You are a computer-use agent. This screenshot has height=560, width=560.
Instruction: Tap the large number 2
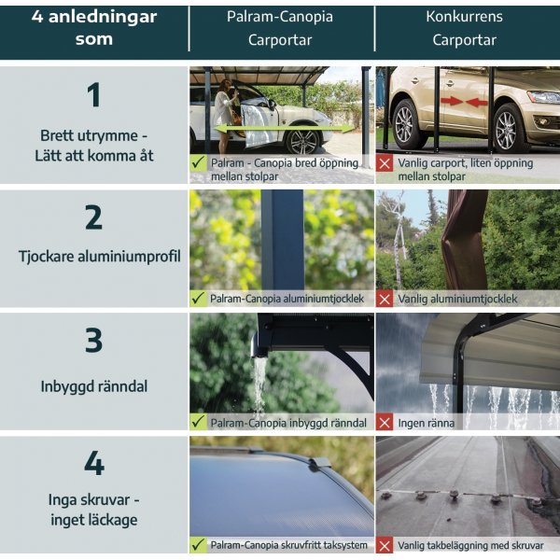coord(93,217)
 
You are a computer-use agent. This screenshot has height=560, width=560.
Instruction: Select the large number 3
coord(93,341)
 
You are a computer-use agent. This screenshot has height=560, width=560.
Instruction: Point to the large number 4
coord(93,464)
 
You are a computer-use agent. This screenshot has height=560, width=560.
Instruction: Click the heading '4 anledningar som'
coord(93,28)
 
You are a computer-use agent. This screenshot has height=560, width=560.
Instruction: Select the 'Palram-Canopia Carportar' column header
coord(280,28)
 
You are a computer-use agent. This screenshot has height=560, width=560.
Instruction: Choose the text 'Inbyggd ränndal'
coord(93,385)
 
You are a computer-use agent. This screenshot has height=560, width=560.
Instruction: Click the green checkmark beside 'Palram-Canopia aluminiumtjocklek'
coord(198,299)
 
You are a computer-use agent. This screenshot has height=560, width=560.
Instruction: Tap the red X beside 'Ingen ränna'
coord(385,422)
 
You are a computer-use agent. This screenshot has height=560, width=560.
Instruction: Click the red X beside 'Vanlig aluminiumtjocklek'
coord(385,299)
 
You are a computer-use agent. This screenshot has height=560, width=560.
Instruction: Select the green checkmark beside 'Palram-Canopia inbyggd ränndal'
coord(198,422)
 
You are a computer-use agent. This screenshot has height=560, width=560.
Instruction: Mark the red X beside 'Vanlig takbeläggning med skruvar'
coord(385,545)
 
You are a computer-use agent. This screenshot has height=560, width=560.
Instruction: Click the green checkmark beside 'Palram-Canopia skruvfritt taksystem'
coord(198,545)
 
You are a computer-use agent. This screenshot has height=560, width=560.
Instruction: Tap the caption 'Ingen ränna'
coord(427,423)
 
